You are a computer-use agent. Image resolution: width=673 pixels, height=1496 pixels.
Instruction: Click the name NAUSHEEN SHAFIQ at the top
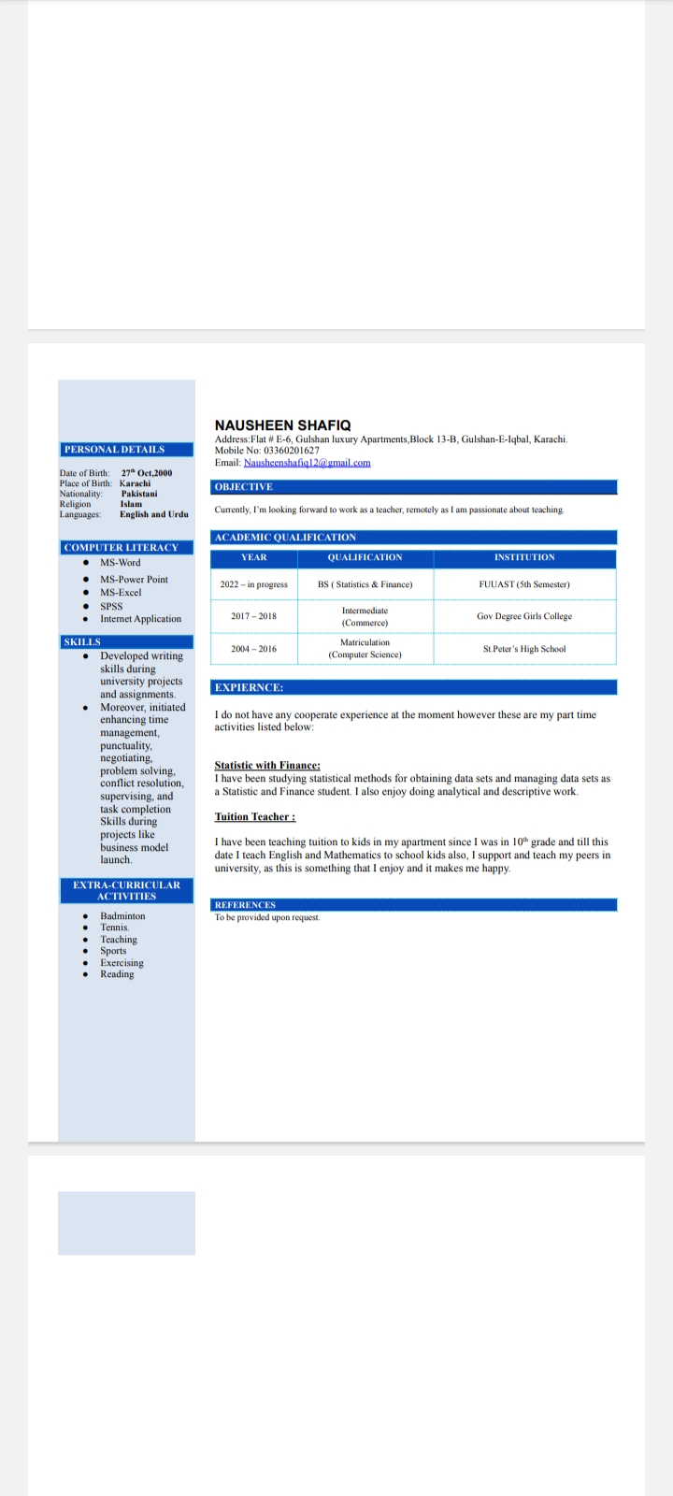point(282,425)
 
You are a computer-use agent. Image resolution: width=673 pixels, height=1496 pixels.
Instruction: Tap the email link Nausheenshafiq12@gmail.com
point(307,463)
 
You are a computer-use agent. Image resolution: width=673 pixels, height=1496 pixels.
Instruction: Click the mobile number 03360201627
point(291,451)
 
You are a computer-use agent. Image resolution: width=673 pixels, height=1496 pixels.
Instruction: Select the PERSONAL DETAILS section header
point(114,450)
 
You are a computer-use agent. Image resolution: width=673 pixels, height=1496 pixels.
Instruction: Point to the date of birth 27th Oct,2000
point(147,473)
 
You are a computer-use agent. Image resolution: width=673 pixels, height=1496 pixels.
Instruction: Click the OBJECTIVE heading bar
point(415,487)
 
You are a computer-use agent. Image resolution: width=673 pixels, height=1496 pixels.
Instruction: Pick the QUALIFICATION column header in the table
point(365,557)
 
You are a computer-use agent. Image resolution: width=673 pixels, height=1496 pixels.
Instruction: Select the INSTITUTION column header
point(524,557)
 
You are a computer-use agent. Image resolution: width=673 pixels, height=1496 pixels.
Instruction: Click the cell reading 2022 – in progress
point(254,584)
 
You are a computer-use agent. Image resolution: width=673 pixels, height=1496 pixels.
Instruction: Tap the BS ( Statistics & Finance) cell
point(365,584)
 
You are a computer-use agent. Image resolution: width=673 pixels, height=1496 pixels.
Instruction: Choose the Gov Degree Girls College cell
point(524,616)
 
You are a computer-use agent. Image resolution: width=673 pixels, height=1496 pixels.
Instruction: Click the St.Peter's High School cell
point(524,649)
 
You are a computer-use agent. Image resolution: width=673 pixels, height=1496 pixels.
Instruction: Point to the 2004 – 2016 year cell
point(254,649)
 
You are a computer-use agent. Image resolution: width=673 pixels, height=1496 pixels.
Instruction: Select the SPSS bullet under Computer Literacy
point(111,606)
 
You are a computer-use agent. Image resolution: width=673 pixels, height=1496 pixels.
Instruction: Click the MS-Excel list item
point(121,593)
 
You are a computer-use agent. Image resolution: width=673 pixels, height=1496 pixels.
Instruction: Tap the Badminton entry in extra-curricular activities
point(122,916)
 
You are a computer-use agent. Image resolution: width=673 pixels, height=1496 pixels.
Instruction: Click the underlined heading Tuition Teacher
point(254,817)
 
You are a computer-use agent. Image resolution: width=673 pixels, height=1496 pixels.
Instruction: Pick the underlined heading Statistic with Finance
point(267,765)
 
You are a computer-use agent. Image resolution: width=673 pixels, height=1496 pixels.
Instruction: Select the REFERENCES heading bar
point(415,905)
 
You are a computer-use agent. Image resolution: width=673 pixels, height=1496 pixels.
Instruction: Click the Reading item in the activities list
point(117,974)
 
